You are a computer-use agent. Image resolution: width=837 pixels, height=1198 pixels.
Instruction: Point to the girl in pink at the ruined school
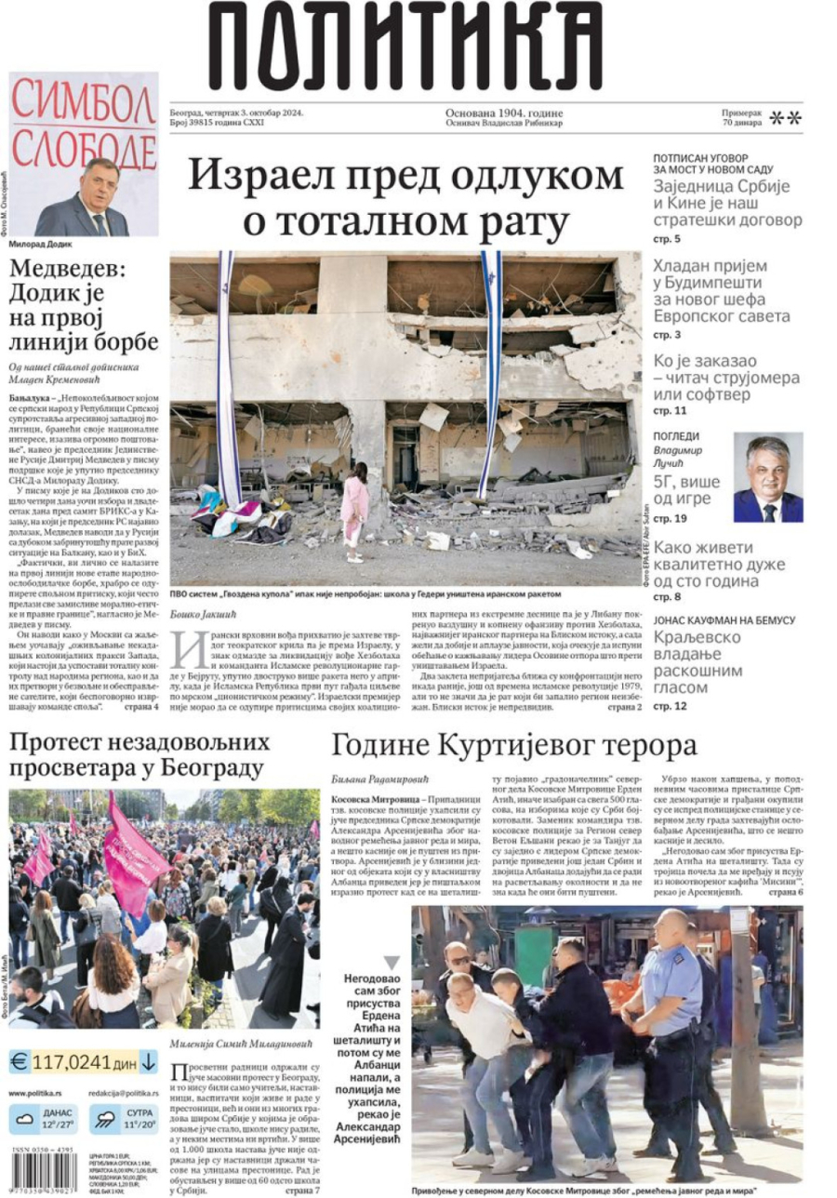pyautogui.click(x=354, y=511)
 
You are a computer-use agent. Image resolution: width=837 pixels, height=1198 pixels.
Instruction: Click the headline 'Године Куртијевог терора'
pyautogui.click(x=514, y=745)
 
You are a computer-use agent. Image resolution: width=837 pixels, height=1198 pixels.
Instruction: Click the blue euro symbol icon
pyautogui.click(x=18, y=1061)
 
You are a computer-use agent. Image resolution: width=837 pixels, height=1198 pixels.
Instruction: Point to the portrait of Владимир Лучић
pyautogui.click(x=767, y=478)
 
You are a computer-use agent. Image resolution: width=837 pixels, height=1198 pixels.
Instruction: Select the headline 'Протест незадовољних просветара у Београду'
pyautogui.click(x=139, y=755)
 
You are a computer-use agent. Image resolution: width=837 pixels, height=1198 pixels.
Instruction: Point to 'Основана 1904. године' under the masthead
pyautogui.click(x=504, y=113)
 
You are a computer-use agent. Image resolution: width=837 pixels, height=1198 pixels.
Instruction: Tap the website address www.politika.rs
pyautogui.click(x=36, y=1093)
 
